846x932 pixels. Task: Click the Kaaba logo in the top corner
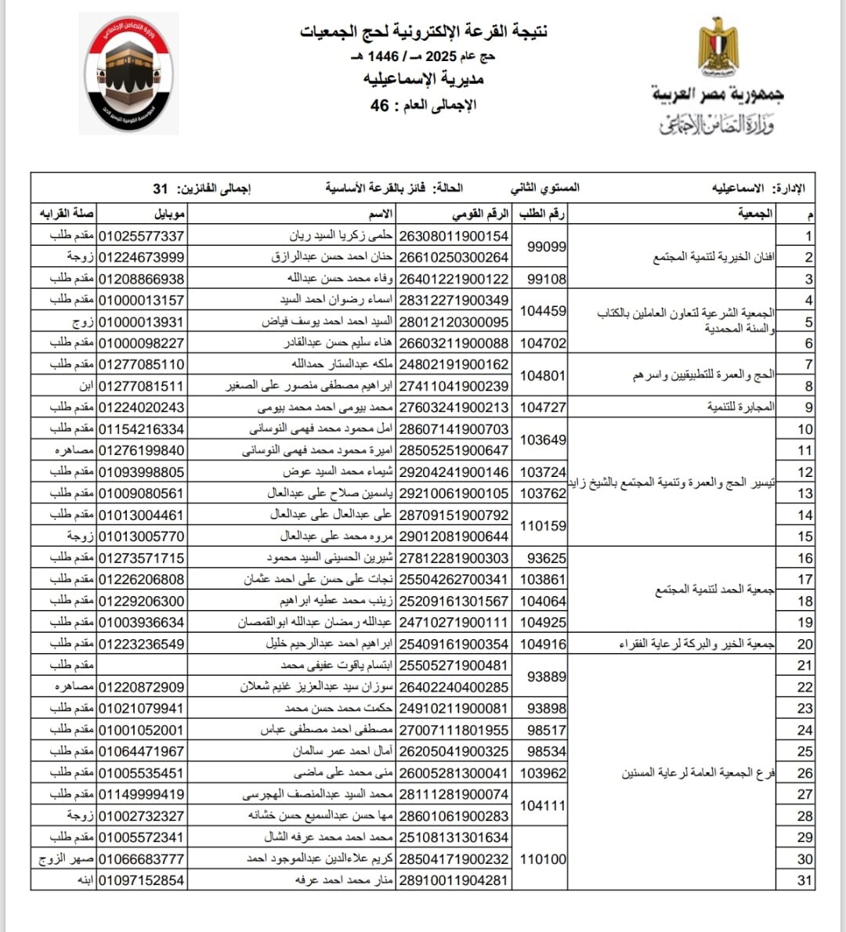[132, 74]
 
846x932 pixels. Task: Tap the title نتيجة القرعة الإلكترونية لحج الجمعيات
[424, 31]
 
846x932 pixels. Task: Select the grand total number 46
[380, 105]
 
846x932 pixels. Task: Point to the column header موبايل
[169, 214]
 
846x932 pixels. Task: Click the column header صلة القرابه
[67, 214]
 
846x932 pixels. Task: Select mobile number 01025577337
[141, 236]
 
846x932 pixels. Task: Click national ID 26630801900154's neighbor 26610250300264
[454, 257]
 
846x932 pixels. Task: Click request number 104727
[543, 407]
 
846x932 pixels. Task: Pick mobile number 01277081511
[141, 386]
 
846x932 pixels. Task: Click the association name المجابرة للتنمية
[740, 407]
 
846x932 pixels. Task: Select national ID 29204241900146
[454, 472]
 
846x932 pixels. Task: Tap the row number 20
[804, 644]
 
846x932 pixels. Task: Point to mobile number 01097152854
[141, 880]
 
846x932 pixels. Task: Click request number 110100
[543, 859]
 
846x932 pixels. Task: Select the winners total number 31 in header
[161, 189]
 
